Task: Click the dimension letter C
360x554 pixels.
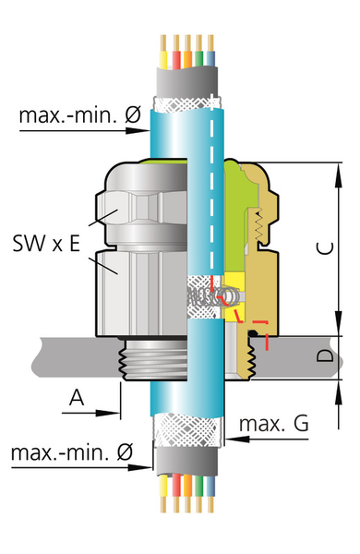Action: [325, 248]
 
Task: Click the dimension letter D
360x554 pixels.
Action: [325, 355]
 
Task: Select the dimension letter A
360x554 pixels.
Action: [77, 397]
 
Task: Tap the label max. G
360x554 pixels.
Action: [274, 423]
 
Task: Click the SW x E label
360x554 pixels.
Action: [46, 243]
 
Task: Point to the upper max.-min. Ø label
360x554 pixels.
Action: [80, 114]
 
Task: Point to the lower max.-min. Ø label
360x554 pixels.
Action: [72, 452]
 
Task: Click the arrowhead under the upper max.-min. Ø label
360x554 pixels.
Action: [138, 131]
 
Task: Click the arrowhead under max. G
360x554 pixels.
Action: [237, 440]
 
